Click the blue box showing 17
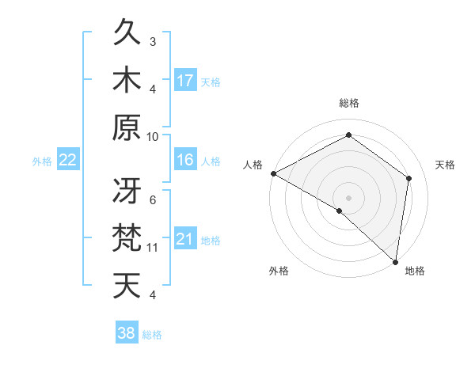click(185, 81)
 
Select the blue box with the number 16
click(185, 160)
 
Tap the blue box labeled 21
click(185, 239)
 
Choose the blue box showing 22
click(67, 160)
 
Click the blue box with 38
click(127, 333)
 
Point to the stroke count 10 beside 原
click(153, 136)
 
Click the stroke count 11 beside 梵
click(153, 248)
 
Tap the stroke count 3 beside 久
click(153, 41)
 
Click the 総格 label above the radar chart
click(349, 103)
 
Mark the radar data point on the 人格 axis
click(273, 173)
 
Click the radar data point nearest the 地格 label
click(396, 260)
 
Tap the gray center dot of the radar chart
click(349, 197)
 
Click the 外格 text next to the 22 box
click(42, 161)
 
